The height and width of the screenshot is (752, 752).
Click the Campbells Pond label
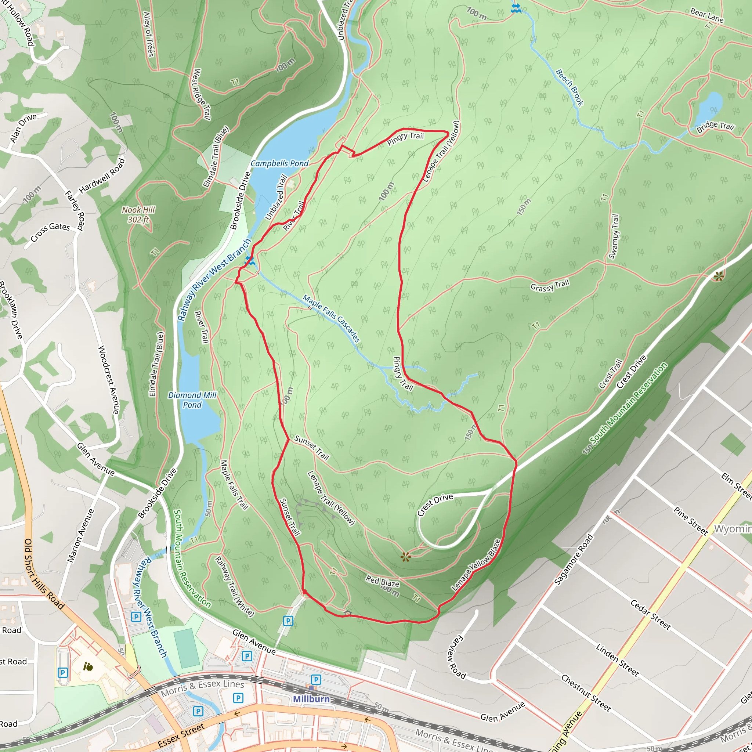click(x=279, y=163)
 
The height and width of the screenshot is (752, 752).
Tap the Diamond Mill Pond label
click(x=192, y=400)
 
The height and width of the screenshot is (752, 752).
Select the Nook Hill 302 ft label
click(x=138, y=214)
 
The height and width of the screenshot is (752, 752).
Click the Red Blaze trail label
click(x=382, y=582)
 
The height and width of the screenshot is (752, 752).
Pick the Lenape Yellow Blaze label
click(x=476, y=565)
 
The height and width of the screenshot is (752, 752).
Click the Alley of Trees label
click(x=149, y=34)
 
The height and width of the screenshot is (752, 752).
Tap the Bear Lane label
click(x=706, y=16)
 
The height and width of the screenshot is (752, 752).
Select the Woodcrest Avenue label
click(x=108, y=380)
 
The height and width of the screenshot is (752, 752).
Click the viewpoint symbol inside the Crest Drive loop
click(x=406, y=557)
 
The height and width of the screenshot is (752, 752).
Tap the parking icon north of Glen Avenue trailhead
click(x=288, y=621)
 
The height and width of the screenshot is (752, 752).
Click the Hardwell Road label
click(x=102, y=176)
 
